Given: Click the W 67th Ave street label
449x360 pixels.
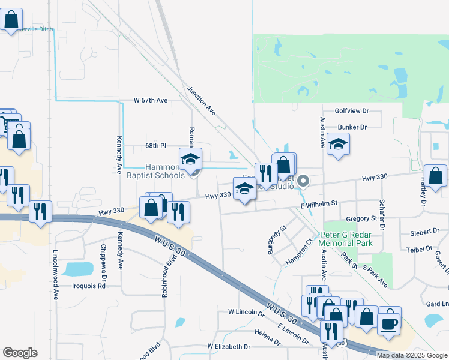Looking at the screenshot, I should (x=150, y=100).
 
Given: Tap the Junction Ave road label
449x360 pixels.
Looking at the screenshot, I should (x=201, y=100).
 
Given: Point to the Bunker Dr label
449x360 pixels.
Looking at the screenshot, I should (x=352, y=127).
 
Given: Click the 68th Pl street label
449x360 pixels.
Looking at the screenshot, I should (x=155, y=146).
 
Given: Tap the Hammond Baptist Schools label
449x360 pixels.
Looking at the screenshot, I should (x=156, y=171).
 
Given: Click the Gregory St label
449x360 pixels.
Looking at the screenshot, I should (x=361, y=218).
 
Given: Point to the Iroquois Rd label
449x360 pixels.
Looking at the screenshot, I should (x=89, y=286).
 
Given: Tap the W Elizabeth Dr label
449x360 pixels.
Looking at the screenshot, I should (x=229, y=347).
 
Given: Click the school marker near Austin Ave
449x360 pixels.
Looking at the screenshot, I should (x=339, y=145).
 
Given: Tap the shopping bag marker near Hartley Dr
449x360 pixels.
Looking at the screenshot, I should (x=436, y=176).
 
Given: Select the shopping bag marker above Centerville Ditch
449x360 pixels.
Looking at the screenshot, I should (x=11, y=20).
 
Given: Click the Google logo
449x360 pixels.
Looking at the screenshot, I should (x=20, y=353).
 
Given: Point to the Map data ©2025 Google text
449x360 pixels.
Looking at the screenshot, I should (x=412, y=355).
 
